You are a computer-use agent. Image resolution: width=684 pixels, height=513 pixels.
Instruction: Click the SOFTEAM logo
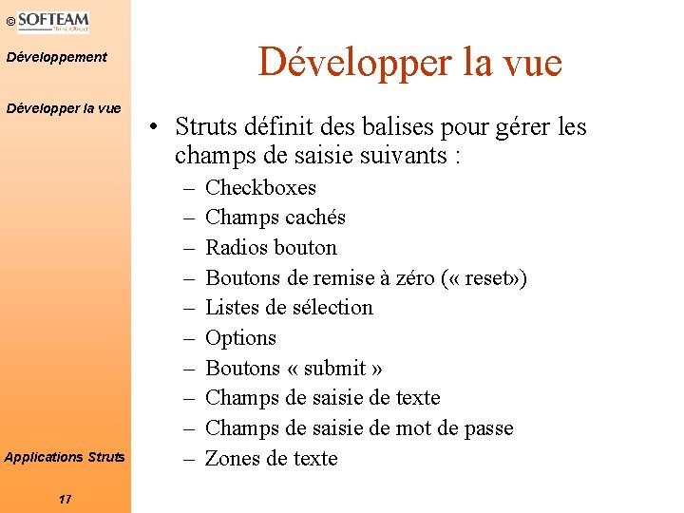click(53, 22)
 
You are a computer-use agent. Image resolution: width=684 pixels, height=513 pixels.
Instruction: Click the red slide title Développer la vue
click(410, 63)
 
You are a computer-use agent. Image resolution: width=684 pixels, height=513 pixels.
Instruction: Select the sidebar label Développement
click(57, 58)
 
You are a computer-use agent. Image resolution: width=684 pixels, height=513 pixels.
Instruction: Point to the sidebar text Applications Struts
click(65, 457)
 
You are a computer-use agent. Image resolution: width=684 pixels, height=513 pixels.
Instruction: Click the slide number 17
click(65, 499)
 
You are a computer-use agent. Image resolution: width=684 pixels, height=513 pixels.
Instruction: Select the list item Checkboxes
click(260, 187)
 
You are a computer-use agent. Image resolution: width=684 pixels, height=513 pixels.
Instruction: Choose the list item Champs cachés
click(275, 218)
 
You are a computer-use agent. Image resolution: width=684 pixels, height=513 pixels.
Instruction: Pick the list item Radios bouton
click(271, 248)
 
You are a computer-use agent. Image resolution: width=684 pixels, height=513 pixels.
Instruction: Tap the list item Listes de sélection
click(289, 308)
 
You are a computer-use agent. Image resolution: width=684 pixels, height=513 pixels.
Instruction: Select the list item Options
click(240, 338)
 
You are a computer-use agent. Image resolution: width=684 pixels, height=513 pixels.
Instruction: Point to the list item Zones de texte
click(272, 459)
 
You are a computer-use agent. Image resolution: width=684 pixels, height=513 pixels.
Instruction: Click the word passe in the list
click(488, 428)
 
